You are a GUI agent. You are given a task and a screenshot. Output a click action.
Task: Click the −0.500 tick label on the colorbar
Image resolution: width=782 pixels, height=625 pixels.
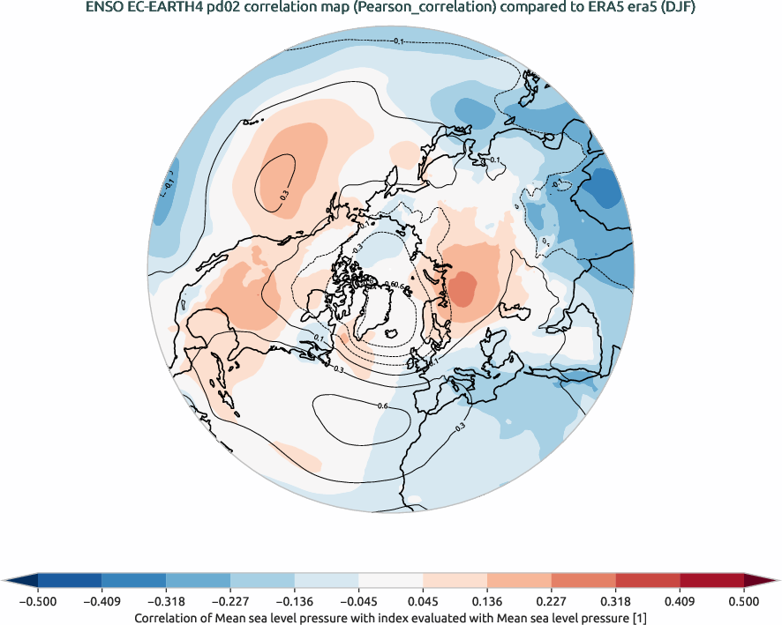click(x=37, y=601)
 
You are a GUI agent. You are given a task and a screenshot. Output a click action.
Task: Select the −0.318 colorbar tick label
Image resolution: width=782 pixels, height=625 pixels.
click(x=166, y=601)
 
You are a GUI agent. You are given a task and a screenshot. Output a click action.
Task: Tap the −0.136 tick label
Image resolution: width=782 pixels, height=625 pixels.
click(x=294, y=601)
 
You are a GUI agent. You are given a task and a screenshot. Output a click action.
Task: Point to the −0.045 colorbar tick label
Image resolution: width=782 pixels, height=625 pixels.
click(x=358, y=601)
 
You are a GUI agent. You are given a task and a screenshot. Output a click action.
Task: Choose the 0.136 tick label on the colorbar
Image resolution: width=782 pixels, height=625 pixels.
click(x=487, y=601)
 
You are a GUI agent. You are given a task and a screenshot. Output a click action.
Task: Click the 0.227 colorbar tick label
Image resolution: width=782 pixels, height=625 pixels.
click(x=552, y=601)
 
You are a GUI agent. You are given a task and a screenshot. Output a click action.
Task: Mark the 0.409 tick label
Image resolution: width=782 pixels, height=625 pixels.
click(x=680, y=601)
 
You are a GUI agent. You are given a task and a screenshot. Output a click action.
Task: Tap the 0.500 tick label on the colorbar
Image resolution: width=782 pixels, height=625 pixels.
click(x=744, y=601)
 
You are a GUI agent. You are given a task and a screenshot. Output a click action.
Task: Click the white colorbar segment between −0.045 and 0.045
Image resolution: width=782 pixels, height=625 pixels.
click(x=390, y=579)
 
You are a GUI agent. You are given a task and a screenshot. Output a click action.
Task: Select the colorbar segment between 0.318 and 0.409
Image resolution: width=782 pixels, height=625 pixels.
click(x=648, y=579)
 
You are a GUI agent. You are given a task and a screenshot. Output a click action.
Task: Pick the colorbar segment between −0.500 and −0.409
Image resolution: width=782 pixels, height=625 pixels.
click(x=70, y=579)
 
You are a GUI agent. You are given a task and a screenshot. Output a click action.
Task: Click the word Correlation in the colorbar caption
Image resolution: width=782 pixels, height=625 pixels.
click(x=170, y=618)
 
